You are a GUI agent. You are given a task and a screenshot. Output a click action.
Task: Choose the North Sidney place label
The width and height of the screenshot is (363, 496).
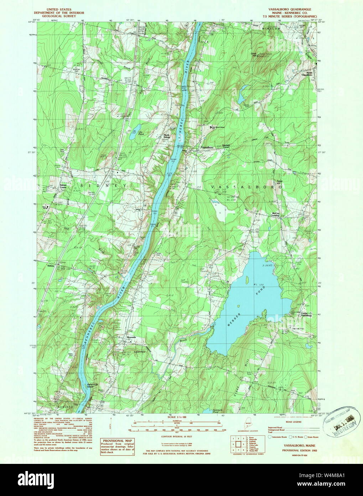(166, 136)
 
